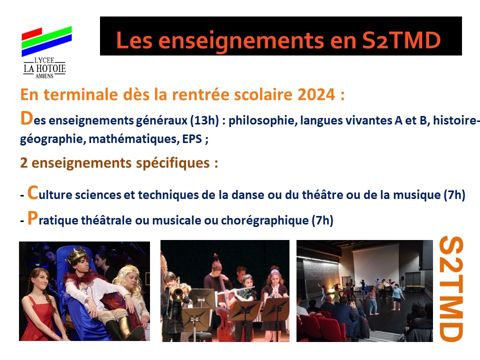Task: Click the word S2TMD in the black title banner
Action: tap(401, 40)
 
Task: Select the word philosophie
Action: tap(263, 120)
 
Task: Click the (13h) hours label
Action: tap(204, 120)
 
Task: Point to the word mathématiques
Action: tap(134, 139)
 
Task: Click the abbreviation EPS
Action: tap(192, 139)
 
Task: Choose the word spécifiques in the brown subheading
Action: tap(173, 163)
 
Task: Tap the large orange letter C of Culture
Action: tap(33, 193)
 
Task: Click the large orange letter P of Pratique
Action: tap(32, 218)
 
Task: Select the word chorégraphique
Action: tap(265, 220)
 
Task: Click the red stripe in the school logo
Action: tap(32, 34)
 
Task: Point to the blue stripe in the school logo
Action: tap(46, 45)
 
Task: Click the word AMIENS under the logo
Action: tap(44, 76)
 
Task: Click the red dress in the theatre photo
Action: tap(39, 318)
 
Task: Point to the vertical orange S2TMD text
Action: tap(451, 289)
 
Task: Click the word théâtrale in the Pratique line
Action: tap(106, 220)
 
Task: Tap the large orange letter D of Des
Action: tap(26, 118)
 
